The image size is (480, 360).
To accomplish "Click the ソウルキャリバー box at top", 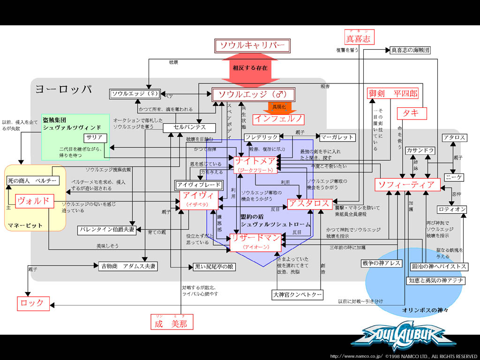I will pos(252,45).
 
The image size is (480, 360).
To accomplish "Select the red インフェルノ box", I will pos(279,119).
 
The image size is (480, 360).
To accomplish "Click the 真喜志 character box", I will pos(358,38).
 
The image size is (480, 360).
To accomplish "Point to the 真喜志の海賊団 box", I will pos(410,50).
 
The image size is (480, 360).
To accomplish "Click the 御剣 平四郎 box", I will pos(392,93).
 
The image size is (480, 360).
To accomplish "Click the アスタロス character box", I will pos(310,204).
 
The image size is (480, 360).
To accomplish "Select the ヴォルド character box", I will pos(33,201).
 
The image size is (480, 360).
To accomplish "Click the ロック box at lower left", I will pos(33,303).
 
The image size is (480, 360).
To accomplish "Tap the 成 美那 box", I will pos(172,323).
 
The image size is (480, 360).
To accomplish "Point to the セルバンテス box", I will pos(189,127).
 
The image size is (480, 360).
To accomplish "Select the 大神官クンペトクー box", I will pos(297,294).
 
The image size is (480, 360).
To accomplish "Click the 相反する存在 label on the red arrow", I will pos(250,67).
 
